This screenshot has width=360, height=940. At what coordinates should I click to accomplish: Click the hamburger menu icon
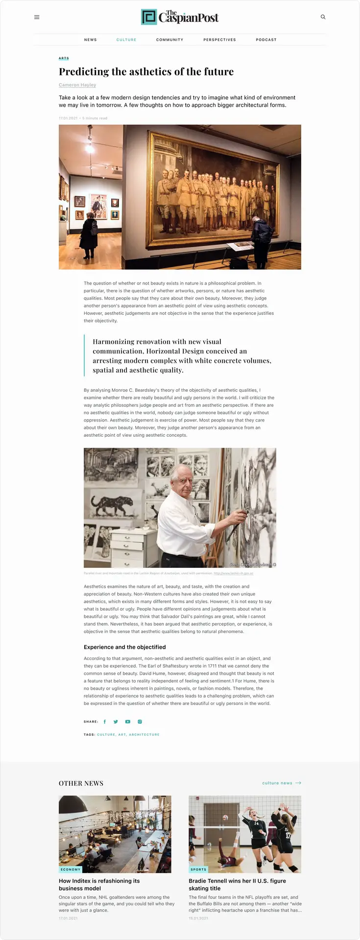click(x=37, y=17)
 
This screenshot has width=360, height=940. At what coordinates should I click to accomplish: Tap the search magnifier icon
click(x=323, y=17)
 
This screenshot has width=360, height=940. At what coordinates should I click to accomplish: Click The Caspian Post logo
click(x=180, y=17)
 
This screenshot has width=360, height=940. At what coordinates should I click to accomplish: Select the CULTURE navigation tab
click(x=126, y=40)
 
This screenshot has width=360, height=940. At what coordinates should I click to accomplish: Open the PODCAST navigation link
click(x=266, y=40)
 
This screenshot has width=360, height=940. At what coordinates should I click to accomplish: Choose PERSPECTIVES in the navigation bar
click(x=219, y=40)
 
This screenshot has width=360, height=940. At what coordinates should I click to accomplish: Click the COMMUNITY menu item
click(x=169, y=40)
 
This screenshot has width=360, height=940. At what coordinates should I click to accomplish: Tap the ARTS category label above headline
click(x=64, y=58)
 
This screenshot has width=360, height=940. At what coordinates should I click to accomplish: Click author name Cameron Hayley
click(x=77, y=85)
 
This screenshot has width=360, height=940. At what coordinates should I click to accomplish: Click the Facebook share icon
click(x=105, y=722)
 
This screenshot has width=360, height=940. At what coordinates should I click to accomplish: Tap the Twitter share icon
click(x=116, y=722)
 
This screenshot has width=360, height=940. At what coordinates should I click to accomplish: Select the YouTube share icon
click(x=128, y=722)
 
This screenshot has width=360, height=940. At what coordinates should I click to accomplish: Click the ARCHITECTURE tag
click(x=144, y=734)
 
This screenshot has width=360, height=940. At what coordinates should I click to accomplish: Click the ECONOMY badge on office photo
click(x=71, y=869)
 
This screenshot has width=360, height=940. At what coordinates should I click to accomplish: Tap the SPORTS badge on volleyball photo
click(x=198, y=869)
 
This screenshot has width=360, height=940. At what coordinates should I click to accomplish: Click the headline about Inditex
click(x=99, y=884)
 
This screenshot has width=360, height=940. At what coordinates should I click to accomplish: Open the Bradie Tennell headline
click(x=237, y=884)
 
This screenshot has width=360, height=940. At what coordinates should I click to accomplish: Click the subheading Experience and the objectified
click(x=124, y=647)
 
